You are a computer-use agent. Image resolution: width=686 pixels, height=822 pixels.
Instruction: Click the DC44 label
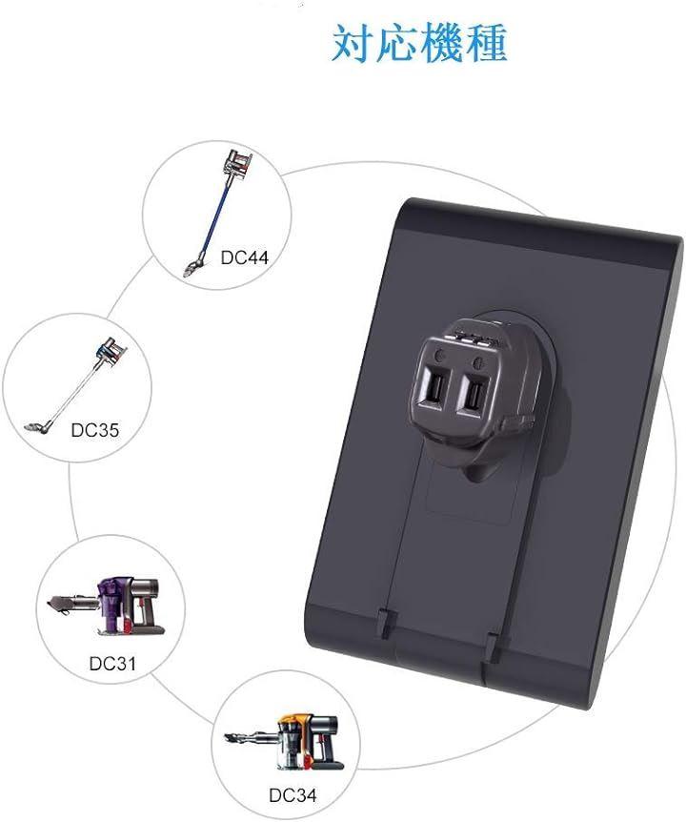pos(244,257)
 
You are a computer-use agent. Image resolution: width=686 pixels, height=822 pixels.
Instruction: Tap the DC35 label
pos(94,430)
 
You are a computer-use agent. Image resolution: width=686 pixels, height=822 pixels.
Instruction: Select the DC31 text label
pos(112,663)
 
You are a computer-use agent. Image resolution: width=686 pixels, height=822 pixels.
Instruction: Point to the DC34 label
pos(293,794)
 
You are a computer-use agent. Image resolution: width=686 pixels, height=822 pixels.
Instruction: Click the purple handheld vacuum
pos(108,605)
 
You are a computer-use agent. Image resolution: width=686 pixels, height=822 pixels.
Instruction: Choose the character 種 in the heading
pos(485,43)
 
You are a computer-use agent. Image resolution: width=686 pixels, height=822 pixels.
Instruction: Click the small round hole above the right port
pos(477,361)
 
